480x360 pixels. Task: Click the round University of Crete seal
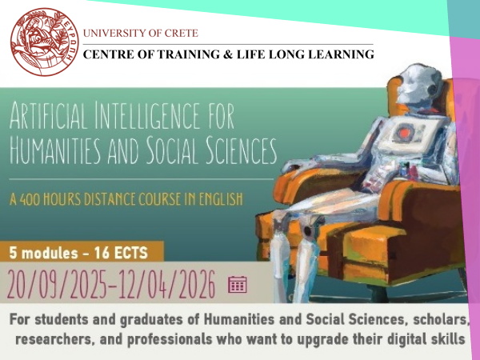(45, 42)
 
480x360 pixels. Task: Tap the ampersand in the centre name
(226, 54)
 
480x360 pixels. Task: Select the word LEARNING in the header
(341, 54)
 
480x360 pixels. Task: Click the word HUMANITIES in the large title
(55, 150)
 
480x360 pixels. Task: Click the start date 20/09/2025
(58, 284)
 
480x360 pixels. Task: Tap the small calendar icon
(238, 284)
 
